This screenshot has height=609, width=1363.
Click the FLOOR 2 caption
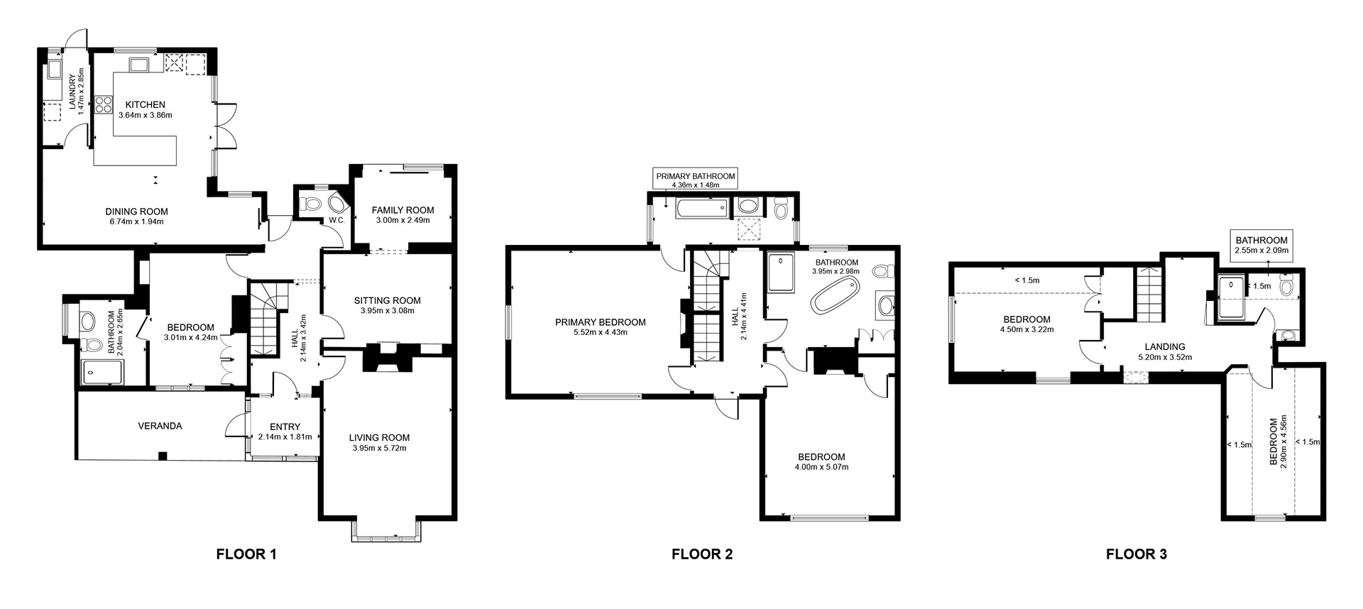pos(701,554)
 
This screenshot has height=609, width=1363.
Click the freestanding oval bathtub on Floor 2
pos(836,295)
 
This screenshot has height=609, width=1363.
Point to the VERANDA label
pos(160,426)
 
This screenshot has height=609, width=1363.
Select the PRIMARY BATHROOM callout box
pos(695,180)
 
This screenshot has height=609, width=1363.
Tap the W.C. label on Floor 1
pos(336,220)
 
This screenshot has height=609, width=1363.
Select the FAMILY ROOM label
pos(403,210)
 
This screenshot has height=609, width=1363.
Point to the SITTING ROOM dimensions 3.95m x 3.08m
pos(388,310)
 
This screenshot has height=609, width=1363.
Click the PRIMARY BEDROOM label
pos(601,322)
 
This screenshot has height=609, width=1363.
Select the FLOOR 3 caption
pos(1136,554)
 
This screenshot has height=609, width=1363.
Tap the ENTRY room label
pos(285,427)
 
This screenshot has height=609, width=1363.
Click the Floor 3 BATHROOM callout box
pos(1261,245)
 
